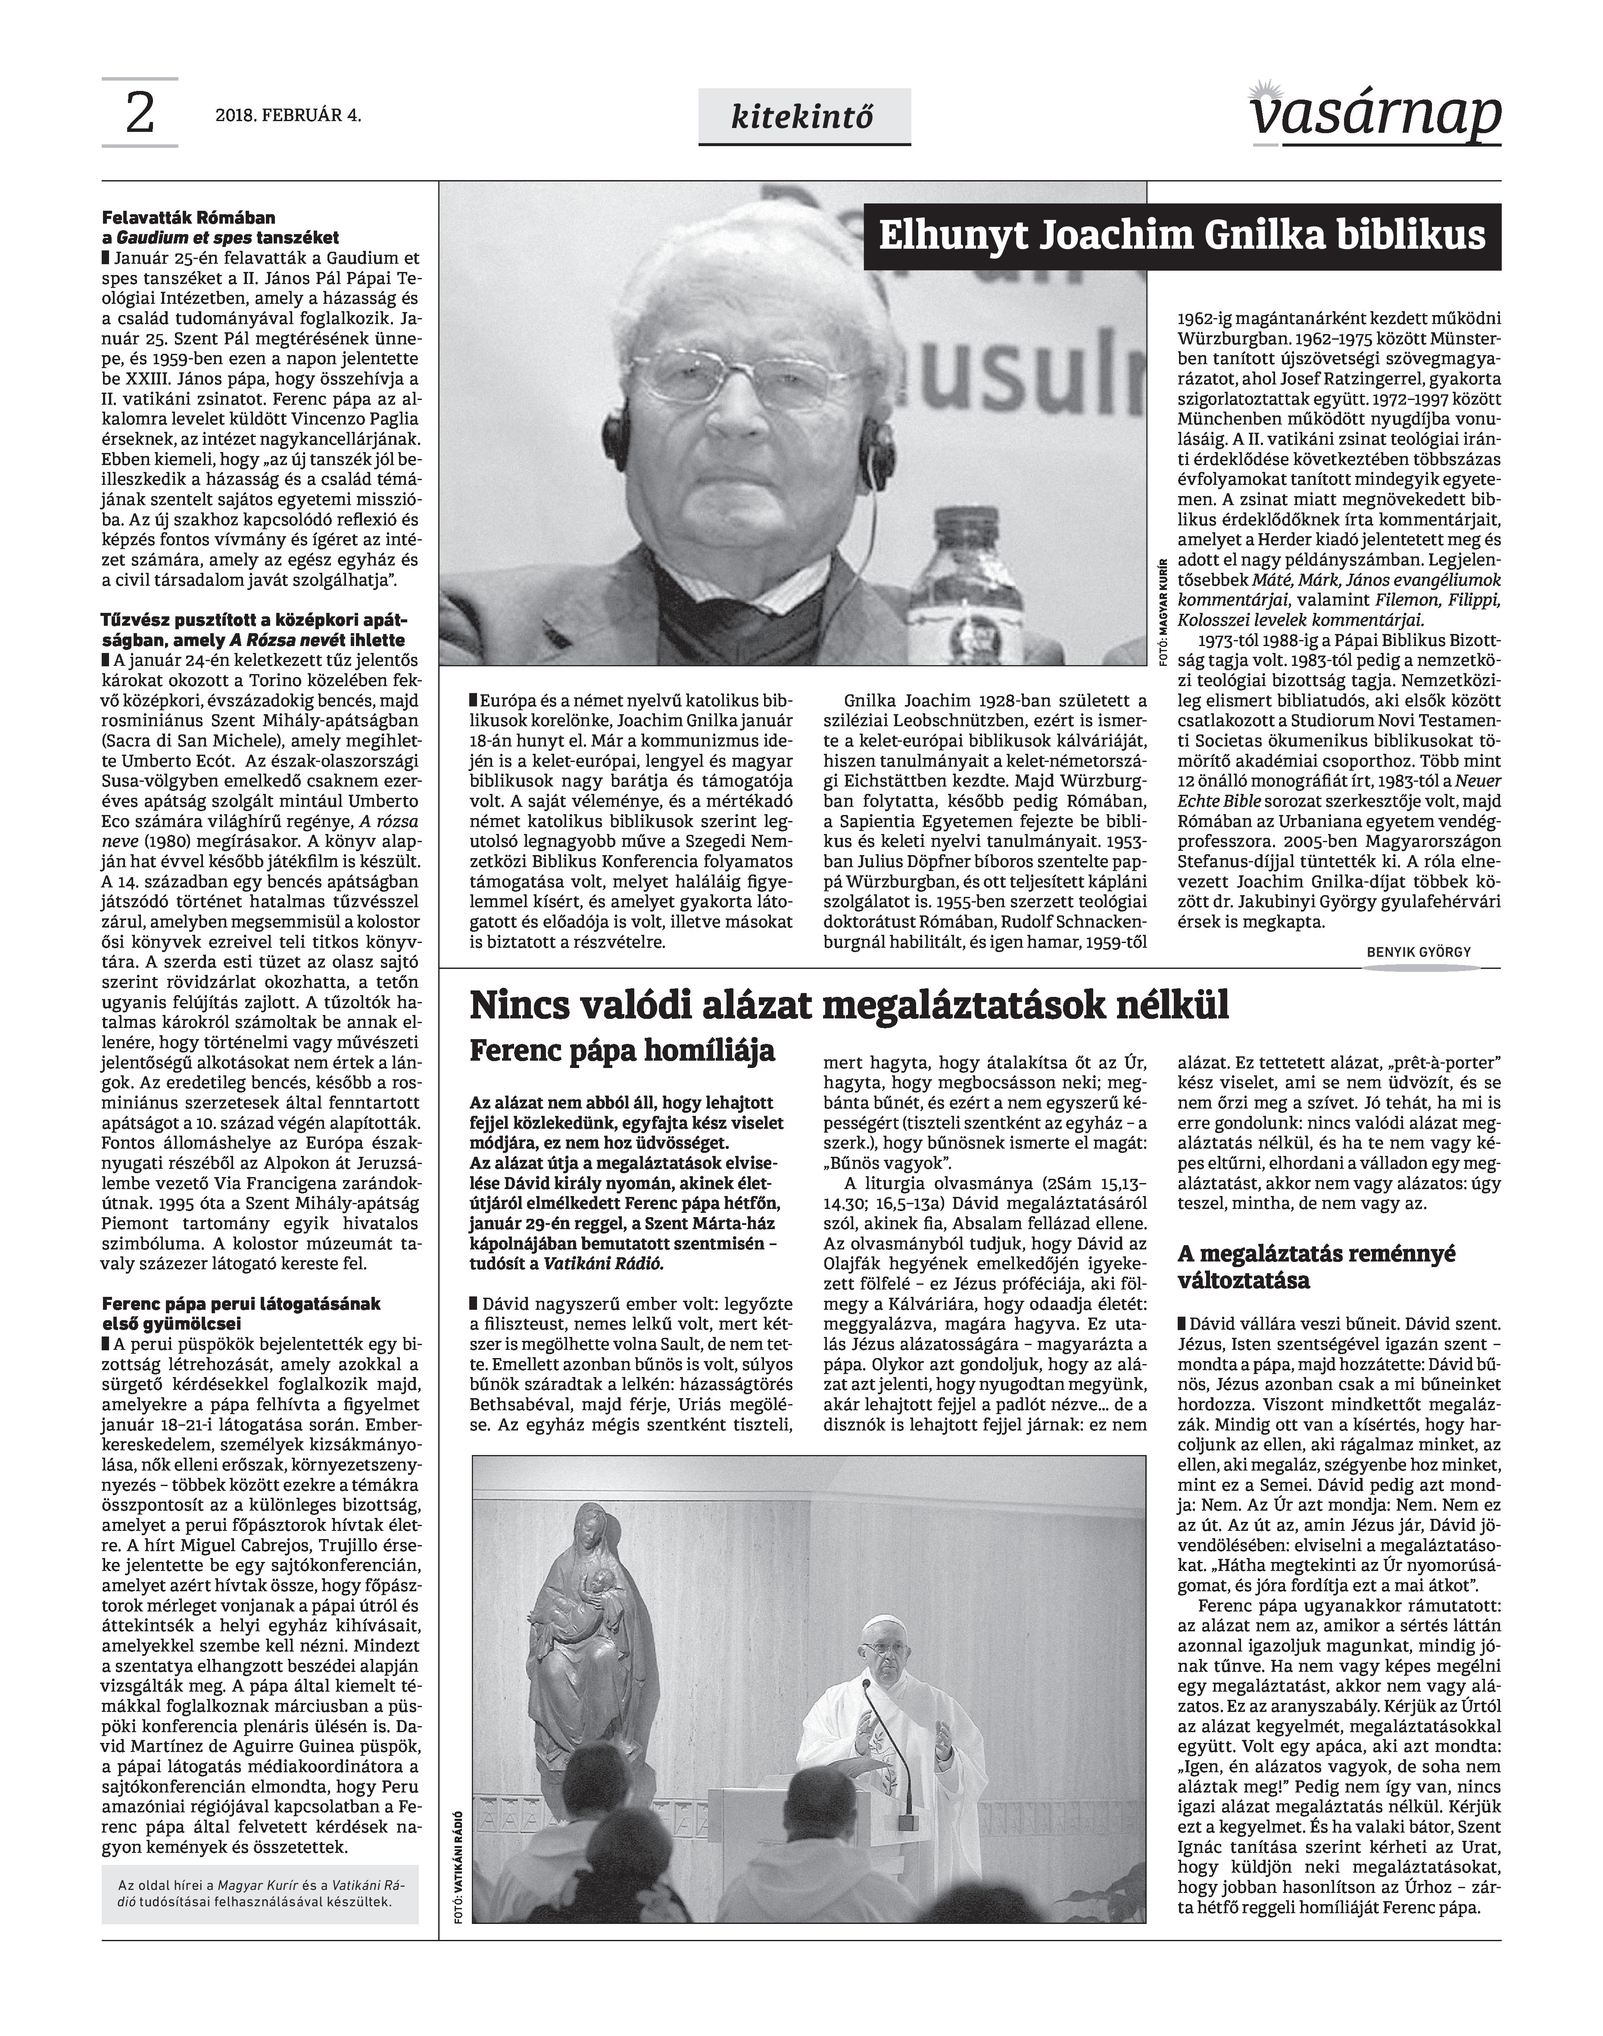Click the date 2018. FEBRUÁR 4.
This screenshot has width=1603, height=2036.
click(x=288, y=116)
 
